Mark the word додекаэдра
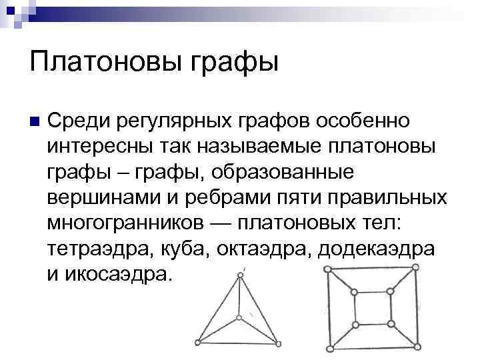pos(377,249)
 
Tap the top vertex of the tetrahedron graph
pos(239,275)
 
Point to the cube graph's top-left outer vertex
pos(327,269)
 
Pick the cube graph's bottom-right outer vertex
pos(417,346)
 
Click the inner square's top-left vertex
pos(354,292)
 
